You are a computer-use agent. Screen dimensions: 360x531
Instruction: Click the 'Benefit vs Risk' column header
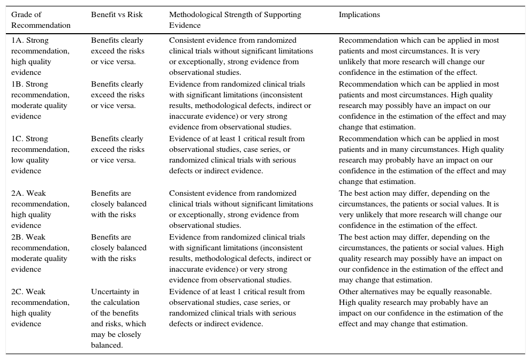coord(117,15)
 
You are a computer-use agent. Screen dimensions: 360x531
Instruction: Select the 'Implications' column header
coord(359,15)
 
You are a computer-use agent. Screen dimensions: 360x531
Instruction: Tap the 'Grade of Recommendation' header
coord(41,20)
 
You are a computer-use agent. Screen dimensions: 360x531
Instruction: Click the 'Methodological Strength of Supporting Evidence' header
coord(235,20)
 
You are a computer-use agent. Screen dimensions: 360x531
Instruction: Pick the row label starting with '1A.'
coord(40,57)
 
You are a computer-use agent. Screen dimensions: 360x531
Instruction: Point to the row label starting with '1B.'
coord(40,101)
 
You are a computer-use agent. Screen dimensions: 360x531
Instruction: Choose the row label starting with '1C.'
coord(40,155)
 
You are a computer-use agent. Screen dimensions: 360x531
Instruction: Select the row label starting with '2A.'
coord(40,210)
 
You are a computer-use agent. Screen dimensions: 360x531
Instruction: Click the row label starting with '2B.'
coord(40,254)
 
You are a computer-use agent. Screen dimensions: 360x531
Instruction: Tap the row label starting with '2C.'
coord(40,308)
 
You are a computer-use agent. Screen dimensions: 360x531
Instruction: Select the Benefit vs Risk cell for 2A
coord(118,204)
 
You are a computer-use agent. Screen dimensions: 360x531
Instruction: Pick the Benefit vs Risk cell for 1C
coord(117,150)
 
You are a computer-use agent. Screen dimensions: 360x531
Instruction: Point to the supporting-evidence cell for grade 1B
coord(240,106)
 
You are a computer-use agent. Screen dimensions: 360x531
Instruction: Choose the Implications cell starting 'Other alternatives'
coord(421,308)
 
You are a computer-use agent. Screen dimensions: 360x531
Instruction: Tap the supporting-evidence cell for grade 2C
coord(237,308)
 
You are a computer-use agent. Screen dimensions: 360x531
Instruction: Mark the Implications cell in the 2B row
coord(421,259)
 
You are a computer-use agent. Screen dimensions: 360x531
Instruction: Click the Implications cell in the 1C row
coord(422,160)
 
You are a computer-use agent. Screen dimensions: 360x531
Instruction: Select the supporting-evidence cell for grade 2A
coord(241,210)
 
